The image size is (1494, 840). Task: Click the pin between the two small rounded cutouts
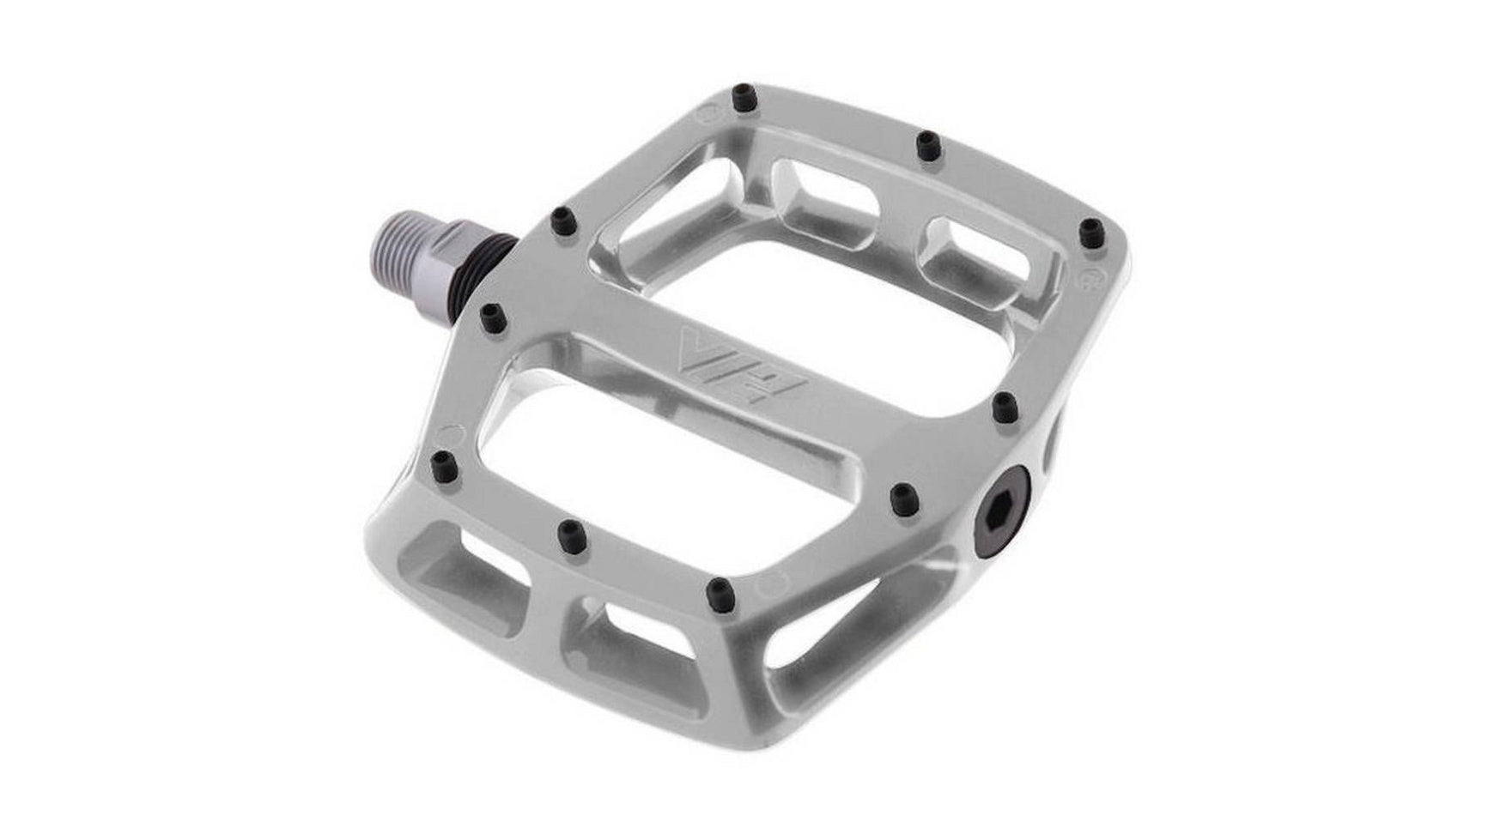[x=928, y=146]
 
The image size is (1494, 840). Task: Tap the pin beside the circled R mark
[x=1089, y=232]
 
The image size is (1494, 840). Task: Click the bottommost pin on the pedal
[x=720, y=591]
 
